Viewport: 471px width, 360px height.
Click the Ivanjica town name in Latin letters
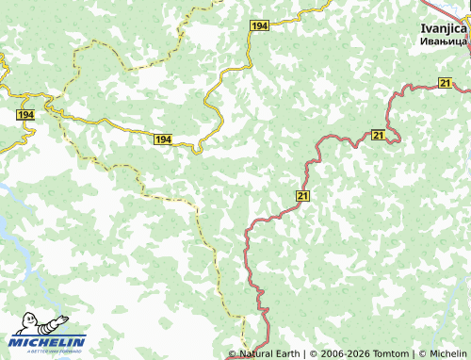point(443,28)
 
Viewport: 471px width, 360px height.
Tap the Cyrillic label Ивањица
point(443,42)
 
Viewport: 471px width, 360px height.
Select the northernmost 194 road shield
point(260,26)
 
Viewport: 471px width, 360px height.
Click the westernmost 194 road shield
point(25,114)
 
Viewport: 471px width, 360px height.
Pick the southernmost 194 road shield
point(163,139)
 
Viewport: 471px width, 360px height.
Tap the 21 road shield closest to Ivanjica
point(445,84)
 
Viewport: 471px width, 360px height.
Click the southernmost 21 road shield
point(302,195)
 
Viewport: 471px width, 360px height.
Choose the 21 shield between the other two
point(378,137)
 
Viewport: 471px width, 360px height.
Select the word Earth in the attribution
point(288,353)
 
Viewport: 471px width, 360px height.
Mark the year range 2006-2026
point(345,353)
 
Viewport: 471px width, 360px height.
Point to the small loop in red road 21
point(392,138)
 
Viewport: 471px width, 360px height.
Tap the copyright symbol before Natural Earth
point(233,353)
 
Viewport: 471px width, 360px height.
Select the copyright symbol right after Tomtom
point(420,353)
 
